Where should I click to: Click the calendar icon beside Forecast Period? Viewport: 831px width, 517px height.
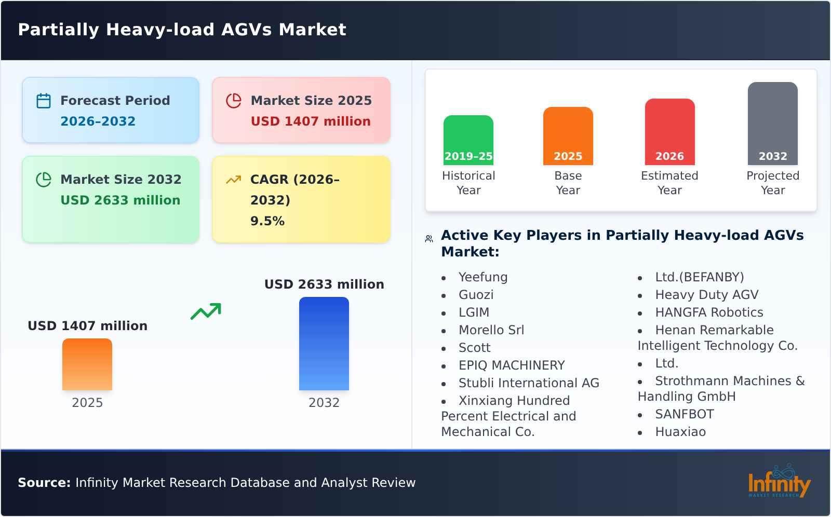[44, 101]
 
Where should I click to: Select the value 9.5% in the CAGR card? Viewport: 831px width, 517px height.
[267, 221]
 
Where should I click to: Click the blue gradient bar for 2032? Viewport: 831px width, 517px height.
[324, 343]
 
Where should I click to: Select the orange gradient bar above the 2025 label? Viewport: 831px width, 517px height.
[87, 364]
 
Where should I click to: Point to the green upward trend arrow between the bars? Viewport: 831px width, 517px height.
[206, 311]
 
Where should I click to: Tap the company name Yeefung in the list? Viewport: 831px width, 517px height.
[482, 277]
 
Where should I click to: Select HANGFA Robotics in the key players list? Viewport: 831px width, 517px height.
[708, 312]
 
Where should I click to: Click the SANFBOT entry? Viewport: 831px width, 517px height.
[684, 414]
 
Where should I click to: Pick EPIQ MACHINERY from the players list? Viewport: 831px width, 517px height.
[511, 365]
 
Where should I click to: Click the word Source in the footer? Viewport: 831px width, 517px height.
[44, 483]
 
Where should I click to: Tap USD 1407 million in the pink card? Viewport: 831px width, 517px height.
[311, 121]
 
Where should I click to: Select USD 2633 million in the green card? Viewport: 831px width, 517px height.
[120, 200]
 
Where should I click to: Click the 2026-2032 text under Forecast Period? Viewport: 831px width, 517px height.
[98, 121]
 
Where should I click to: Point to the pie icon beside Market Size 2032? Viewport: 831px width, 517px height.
[44, 180]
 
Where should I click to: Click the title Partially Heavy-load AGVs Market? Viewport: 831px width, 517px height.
[182, 30]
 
